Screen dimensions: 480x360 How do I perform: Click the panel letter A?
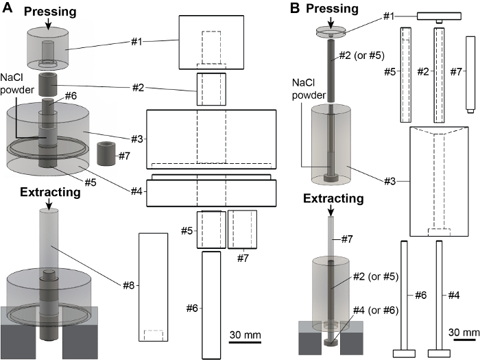click(8, 8)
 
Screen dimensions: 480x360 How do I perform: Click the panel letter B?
click(294, 8)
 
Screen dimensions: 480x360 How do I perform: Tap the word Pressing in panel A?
click(50, 12)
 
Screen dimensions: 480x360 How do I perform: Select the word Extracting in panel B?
click(333, 199)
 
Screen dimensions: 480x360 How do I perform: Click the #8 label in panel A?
click(129, 286)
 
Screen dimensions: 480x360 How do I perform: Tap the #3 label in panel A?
click(137, 139)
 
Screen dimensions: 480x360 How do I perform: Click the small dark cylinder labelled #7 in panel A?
click(106, 153)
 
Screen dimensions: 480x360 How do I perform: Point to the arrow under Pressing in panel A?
click(49, 24)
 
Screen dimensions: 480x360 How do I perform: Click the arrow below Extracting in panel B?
click(331, 211)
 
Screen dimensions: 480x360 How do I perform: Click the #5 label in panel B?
click(390, 72)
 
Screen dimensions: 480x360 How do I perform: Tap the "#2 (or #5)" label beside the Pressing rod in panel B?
click(361, 56)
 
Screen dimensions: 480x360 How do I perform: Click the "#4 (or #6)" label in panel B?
click(376, 311)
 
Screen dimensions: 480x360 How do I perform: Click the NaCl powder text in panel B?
click(309, 88)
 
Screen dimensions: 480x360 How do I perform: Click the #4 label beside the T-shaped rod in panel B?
click(454, 296)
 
